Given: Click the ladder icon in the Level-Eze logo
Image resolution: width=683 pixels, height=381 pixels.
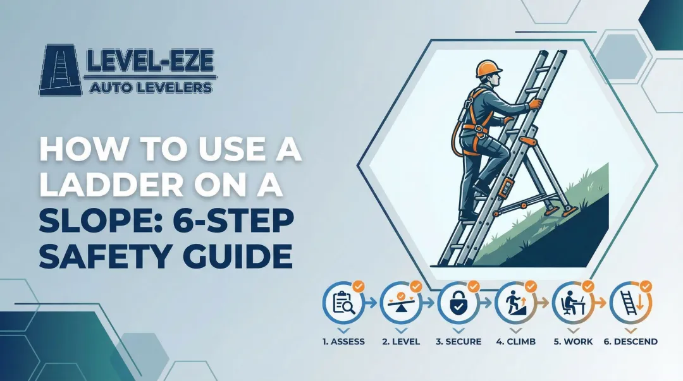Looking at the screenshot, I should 61,70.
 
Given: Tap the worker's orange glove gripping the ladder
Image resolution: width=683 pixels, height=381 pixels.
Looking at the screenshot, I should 535,104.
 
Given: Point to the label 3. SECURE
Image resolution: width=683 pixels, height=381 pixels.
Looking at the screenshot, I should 458,341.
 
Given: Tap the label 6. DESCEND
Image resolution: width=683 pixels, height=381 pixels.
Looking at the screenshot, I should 630,341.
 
